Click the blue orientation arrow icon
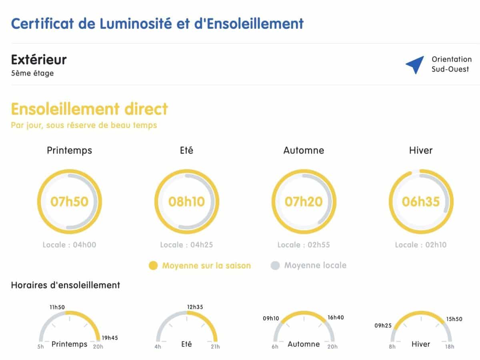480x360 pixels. click(416, 64)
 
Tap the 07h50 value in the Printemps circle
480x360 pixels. click(69, 202)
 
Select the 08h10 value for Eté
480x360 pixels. click(186, 202)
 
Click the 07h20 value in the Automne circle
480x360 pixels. click(304, 202)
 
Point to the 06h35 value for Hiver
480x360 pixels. click(421, 202)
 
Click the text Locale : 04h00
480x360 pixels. click(69, 245)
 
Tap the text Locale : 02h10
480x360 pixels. click(421, 245)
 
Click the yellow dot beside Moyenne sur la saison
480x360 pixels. click(153, 266)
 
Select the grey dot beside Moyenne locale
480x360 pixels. click(275, 266)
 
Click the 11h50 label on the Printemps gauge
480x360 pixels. click(57, 307)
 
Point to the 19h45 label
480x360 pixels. click(110, 338)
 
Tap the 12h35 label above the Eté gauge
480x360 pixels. click(195, 307)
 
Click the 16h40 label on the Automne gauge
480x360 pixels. click(336, 318)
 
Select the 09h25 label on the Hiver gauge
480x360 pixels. click(383, 326)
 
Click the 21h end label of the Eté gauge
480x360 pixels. click(215, 347)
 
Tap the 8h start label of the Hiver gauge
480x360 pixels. click(392, 347)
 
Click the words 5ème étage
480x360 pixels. click(32, 73)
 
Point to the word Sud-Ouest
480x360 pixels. click(450, 69)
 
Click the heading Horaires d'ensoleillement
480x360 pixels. click(66, 285)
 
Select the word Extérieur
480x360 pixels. click(39, 60)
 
